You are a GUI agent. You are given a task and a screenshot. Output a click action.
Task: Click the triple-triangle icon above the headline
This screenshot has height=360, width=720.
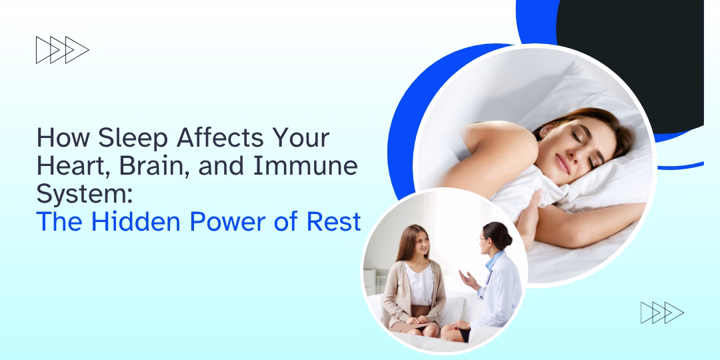point(62,50)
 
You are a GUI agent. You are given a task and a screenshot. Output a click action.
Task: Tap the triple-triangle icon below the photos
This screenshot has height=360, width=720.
point(661,313)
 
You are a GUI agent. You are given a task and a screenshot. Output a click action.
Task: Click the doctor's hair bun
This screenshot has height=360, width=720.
point(507,234)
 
